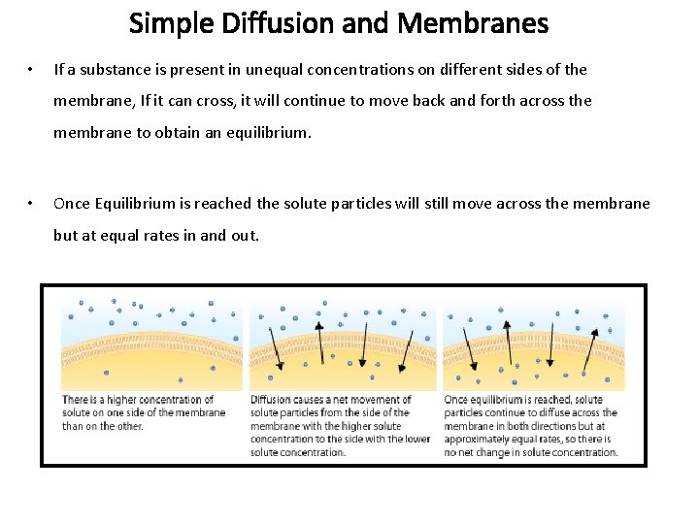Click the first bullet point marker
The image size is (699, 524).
32,70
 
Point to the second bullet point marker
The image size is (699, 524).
32,204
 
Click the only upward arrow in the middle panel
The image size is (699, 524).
320,344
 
